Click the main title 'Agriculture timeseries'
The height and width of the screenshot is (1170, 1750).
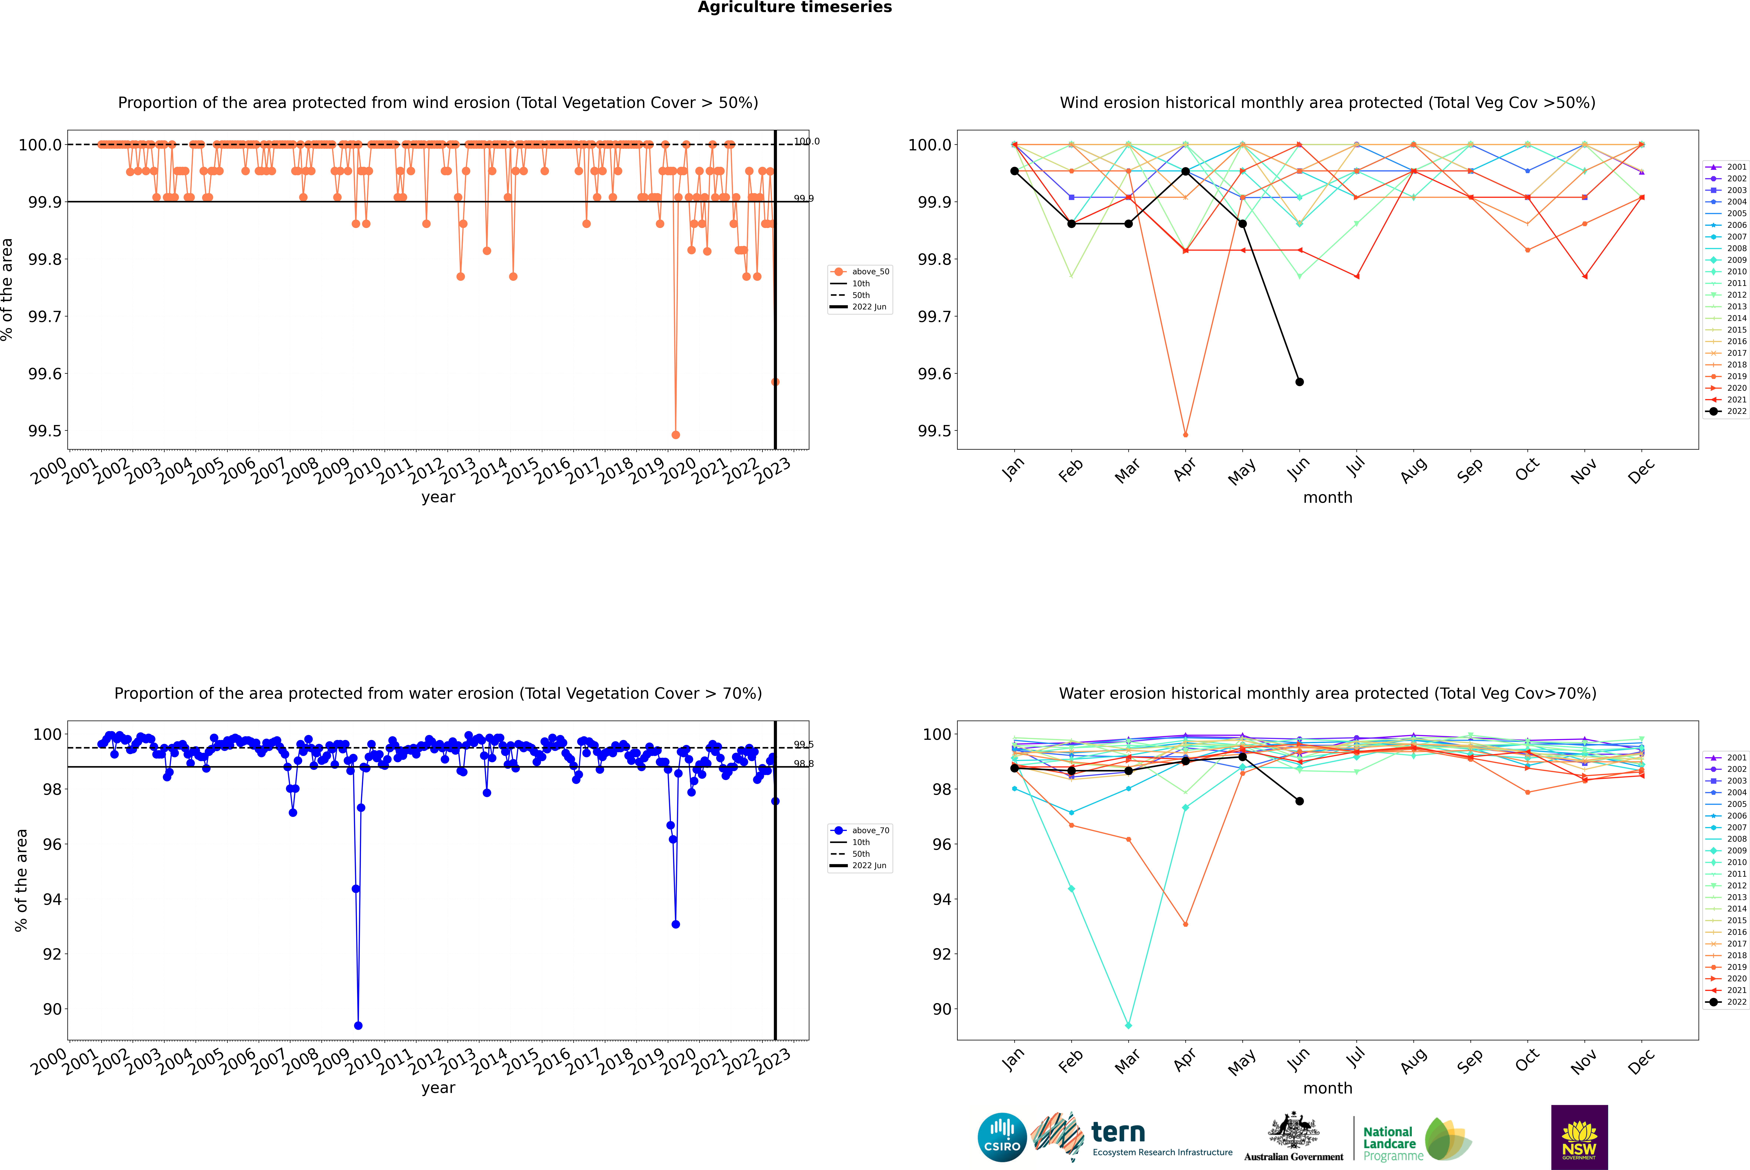794,7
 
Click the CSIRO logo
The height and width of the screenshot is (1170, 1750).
1002,1137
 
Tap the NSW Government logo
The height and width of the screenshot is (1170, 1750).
1579,1137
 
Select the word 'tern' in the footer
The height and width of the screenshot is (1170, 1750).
1117,1132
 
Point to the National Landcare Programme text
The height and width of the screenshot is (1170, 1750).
1389,1143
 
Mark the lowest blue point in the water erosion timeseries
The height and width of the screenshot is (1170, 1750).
358,1025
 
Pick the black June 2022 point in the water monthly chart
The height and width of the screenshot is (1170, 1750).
1299,801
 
